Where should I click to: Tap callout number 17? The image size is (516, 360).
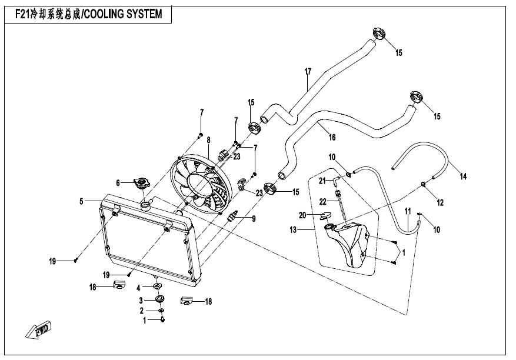tap(307, 72)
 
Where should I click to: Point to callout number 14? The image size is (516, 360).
tap(463, 176)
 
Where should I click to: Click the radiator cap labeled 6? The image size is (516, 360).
tap(142, 183)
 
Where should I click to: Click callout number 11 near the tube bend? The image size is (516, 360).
tap(407, 210)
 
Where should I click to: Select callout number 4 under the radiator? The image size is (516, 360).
tap(139, 288)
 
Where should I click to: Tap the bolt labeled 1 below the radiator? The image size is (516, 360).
tap(162, 319)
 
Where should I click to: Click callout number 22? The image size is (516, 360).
tap(322, 201)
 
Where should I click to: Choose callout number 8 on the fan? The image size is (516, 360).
tap(208, 141)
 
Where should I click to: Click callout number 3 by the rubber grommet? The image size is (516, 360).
tap(141, 299)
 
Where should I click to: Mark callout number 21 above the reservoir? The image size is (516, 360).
tap(322, 179)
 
